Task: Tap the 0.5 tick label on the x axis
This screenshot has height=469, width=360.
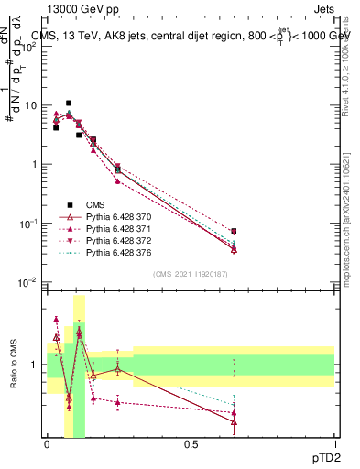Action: pyautogui.click(x=191, y=443)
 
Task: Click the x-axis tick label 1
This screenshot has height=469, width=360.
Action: pyautogui.click(x=333, y=443)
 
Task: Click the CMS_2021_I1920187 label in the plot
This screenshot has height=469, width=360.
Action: pyautogui.click(x=191, y=274)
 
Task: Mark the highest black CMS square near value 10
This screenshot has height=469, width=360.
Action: pyautogui.click(x=69, y=104)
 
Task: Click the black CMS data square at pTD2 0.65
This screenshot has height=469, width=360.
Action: pyautogui.click(x=234, y=232)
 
